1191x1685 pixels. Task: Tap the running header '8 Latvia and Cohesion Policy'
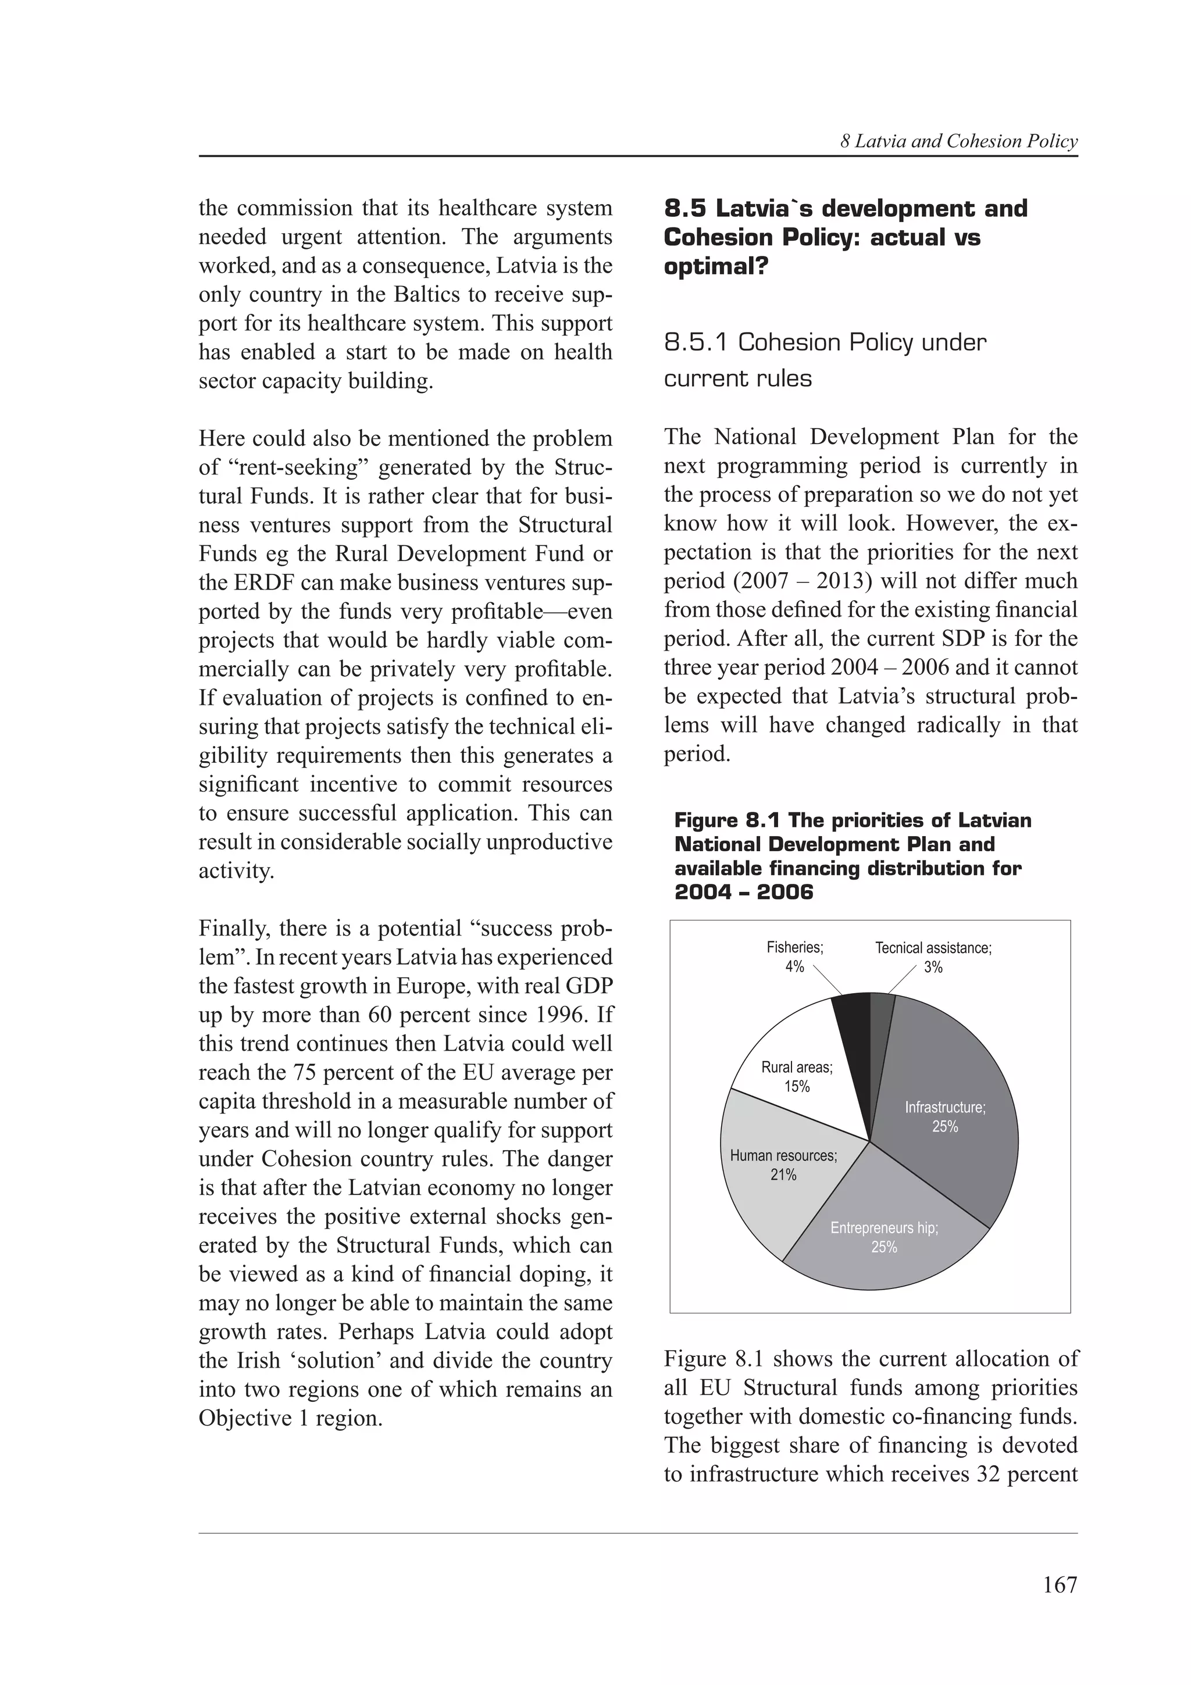pyautogui.click(x=958, y=142)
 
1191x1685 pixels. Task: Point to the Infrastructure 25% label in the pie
pyautogui.click(x=945, y=1117)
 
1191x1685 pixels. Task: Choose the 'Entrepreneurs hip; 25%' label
pyautogui.click(x=885, y=1237)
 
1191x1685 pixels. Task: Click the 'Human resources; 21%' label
pyautogui.click(x=783, y=1165)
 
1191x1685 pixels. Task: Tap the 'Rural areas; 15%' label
pyautogui.click(x=797, y=1077)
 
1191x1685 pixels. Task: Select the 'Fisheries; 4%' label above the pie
pyautogui.click(x=795, y=957)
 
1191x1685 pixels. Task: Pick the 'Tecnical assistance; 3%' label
pyautogui.click(x=933, y=957)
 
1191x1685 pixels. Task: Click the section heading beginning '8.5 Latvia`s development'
pyautogui.click(x=846, y=237)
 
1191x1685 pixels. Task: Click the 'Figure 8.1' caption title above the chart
pyautogui.click(x=852, y=856)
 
